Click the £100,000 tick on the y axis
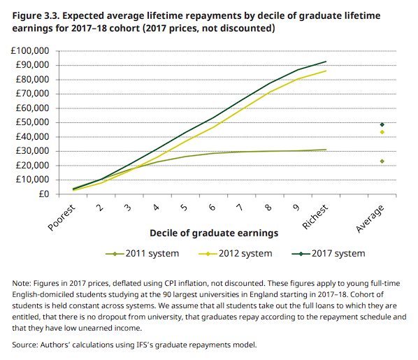tap(29, 51)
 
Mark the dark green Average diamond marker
tap(382, 124)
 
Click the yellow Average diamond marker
tap(382, 132)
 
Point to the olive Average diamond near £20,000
tap(382, 161)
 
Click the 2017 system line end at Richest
tap(326, 62)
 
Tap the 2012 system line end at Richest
tap(326, 71)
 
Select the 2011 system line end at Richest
tap(326, 150)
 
